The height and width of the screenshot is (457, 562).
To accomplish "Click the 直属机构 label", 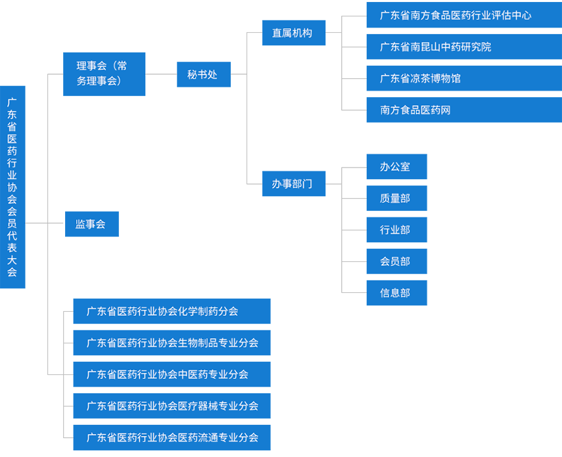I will point(292,33).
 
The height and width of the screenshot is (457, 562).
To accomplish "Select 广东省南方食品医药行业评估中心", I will point(455,15).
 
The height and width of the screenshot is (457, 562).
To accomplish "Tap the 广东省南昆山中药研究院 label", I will point(435,47).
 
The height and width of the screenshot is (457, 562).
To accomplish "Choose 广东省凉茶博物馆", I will point(420,78).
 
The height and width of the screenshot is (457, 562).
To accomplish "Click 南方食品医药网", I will point(415,110).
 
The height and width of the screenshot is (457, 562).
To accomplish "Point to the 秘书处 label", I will point(202,74).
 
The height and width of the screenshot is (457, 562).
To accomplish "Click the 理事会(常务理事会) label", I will point(102,73).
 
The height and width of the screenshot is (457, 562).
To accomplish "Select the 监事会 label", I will point(90,224).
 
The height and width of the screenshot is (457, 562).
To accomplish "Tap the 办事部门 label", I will point(292,184).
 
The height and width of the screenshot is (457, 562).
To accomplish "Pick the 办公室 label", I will point(394,167).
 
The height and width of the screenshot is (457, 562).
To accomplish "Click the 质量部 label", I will point(394,198).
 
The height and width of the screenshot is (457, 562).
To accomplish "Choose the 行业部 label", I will point(394,230).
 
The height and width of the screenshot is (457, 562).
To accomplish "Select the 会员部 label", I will point(394,261).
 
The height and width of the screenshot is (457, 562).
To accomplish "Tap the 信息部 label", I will point(394,293).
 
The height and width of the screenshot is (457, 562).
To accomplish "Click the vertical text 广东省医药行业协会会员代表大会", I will point(12,187).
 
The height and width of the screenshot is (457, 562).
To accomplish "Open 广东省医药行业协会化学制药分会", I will point(162,311).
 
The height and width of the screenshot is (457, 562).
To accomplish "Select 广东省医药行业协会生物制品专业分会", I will point(172,343).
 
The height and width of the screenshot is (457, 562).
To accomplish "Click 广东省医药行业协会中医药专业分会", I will point(167,374).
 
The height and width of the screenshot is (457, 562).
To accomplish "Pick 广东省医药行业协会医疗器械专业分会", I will point(172,406).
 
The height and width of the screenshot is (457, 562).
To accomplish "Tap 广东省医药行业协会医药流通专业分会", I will point(172,437).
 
